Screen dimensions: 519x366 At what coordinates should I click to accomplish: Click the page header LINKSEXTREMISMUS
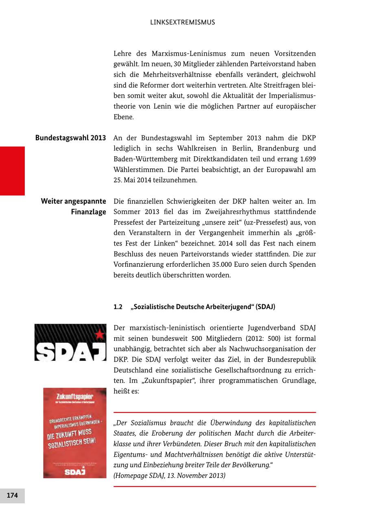coord(183,22)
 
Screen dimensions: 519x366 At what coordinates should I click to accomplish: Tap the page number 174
coord(12,495)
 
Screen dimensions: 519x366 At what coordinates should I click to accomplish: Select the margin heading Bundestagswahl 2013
coord(70,138)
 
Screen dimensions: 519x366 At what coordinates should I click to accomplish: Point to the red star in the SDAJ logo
coord(99,334)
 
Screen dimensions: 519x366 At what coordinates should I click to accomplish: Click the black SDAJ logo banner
coord(70,342)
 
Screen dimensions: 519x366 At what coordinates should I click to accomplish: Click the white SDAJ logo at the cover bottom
coord(75,472)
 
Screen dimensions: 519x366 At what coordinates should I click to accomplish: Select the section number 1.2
coord(118,307)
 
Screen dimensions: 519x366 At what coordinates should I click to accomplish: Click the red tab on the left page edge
coord(12,171)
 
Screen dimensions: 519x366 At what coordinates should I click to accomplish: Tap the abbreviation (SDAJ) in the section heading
coord(265,307)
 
